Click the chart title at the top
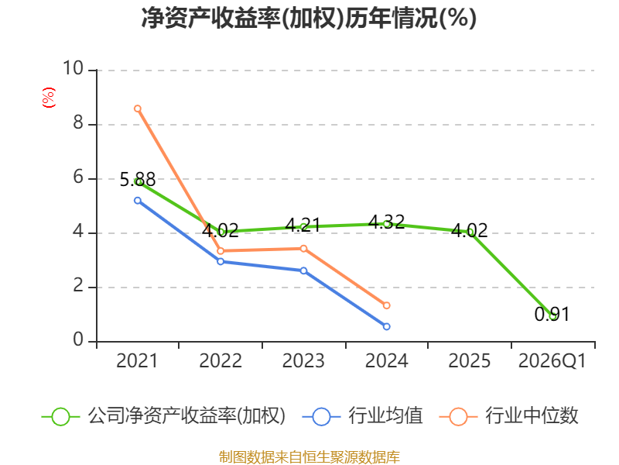(x=309, y=19)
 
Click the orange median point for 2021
(x=138, y=108)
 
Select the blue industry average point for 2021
(x=138, y=200)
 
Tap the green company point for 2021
(x=139, y=181)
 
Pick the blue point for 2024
(x=386, y=326)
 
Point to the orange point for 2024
(x=386, y=305)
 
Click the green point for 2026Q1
(x=552, y=316)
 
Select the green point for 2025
(x=470, y=232)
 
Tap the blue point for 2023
(x=303, y=270)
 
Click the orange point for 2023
(x=303, y=249)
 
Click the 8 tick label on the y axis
(x=77, y=124)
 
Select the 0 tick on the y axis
(x=77, y=341)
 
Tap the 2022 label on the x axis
(x=221, y=361)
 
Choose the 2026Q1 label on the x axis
(x=552, y=361)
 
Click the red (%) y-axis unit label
(x=48, y=98)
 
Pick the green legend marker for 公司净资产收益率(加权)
(x=60, y=416)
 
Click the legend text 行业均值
(x=385, y=416)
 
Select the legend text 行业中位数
(x=532, y=416)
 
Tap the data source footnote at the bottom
(x=309, y=456)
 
